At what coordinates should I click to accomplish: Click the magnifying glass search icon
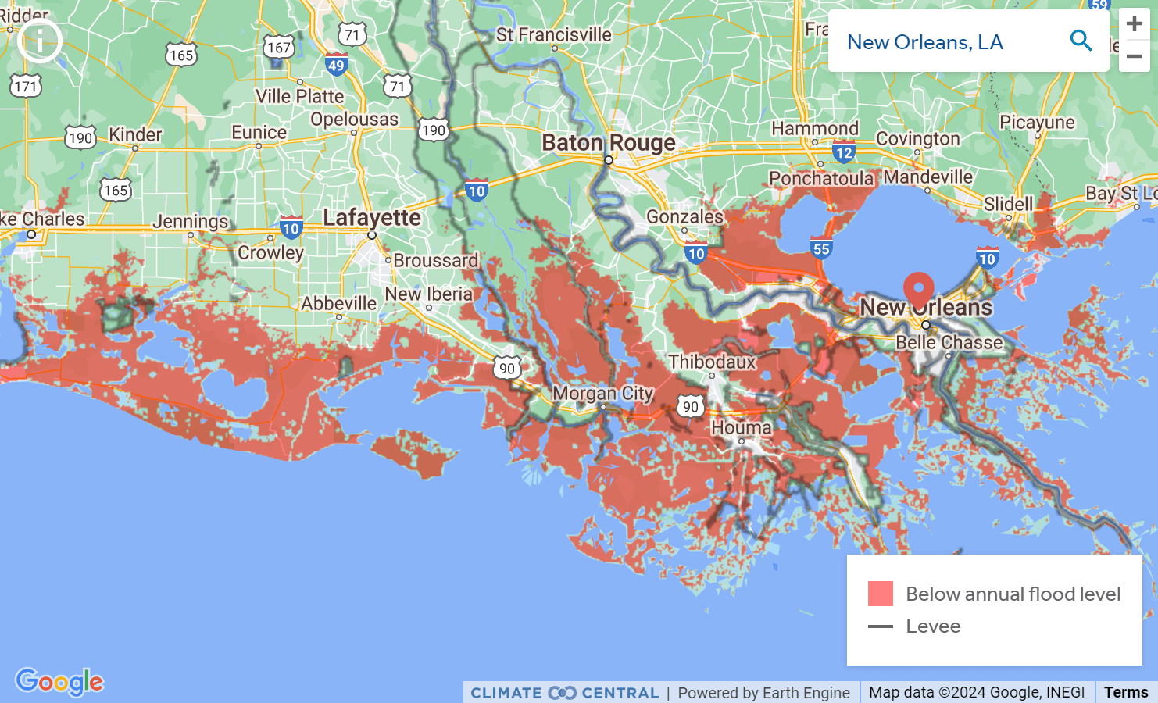pos(1081,41)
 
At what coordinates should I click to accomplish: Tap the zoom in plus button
pos(1134,24)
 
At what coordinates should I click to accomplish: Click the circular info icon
pos(40,40)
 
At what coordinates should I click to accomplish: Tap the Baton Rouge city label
pos(608,143)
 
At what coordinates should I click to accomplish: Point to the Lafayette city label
pos(372,217)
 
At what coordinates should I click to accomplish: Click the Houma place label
pos(741,427)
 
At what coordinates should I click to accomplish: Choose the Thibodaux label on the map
pos(712,362)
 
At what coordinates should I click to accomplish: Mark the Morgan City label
pos(602,393)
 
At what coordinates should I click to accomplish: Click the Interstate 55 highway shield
pos(821,249)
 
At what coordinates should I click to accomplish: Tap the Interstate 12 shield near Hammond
pos(843,153)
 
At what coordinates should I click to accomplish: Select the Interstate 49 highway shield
pos(336,66)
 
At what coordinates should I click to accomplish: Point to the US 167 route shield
pos(278,48)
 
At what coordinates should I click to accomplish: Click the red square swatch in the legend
pos(881,594)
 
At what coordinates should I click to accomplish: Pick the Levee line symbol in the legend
pos(881,626)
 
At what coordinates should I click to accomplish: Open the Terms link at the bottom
pos(1125,692)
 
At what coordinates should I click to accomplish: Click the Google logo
pos(59,682)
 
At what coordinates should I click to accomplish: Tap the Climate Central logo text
pos(564,693)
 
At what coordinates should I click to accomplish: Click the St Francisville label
pos(553,35)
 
